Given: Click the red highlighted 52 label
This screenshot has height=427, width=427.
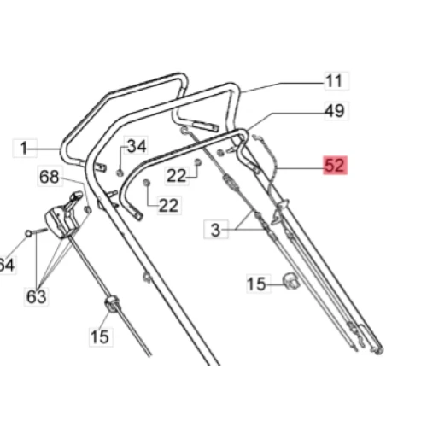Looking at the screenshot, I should tap(335, 166).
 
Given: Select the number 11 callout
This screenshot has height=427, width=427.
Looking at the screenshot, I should tap(334, 81).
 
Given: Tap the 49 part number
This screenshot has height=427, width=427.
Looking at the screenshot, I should tap(334, 110).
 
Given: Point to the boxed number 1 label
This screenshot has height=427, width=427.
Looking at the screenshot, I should tap(26, 147).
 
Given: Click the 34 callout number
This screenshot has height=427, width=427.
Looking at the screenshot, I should tap(137, 146).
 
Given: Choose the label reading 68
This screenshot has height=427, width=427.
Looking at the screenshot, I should tap(50, 177).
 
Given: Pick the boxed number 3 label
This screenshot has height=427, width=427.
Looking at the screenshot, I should tap(215, 228).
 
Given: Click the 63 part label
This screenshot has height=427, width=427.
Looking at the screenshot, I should tap(36, 296).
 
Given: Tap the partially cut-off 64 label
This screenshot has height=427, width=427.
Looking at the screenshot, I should tap(7, 266).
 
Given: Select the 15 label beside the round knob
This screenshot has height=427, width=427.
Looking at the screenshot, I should tap(256, 284).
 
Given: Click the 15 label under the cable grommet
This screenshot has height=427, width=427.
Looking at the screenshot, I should tap(100, 336).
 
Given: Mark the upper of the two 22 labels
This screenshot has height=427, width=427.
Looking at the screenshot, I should tap(177, 175).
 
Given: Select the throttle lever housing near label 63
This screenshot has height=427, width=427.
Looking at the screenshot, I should tap(61, 220).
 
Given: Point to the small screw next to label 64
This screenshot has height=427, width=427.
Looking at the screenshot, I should tap(31, 232).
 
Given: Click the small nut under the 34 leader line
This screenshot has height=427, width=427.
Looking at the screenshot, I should tap(120, 173).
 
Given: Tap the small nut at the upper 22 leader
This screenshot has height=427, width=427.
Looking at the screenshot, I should tap(197, 161).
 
